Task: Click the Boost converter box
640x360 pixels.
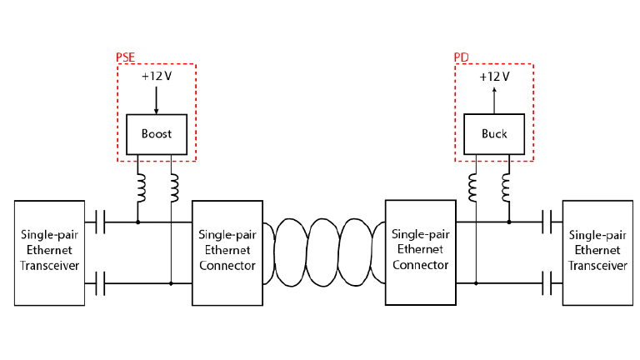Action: (x=156, y=133)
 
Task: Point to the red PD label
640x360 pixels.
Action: (x=461, y=58)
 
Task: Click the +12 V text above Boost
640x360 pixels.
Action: (x=156, y=77)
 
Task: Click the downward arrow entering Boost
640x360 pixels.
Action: (x=156, y=99)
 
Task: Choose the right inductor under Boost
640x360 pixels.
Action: (x=173, y=188)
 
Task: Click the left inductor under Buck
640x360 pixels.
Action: (x=475, y=188)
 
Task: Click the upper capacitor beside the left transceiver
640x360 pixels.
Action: (x=100, y=222)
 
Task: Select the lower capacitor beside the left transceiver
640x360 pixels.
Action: (x=100, y=284)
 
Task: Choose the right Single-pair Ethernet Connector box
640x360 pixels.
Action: (x=420, y=252)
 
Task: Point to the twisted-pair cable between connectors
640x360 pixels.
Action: (x=324, y=252)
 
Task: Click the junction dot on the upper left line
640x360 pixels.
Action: (x=138, y=222)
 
